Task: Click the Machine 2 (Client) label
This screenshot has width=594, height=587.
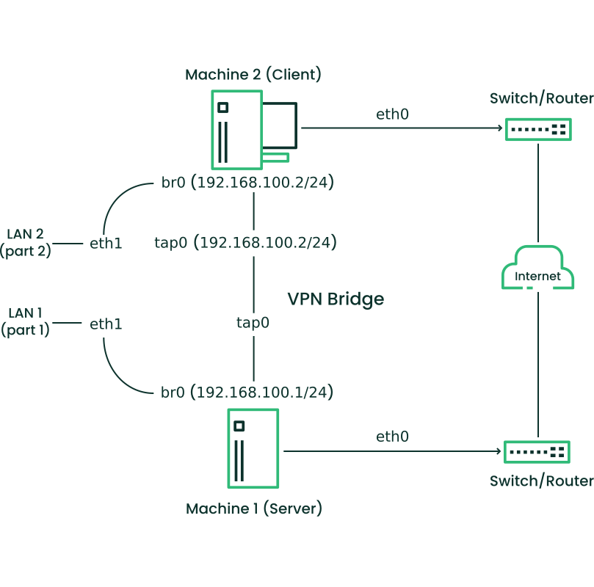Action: pyautogui.click(x=253, y=74)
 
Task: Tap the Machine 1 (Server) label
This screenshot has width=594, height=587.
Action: pyautogui.click(x=254, y=508)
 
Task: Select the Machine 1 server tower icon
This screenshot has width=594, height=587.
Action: pyautogui.click(x=253, y=448)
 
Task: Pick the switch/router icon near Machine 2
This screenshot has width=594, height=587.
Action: pyautogui.click(x=537, y=129)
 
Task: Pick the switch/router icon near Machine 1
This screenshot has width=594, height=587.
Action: pyautogui.click(x=536, y=451)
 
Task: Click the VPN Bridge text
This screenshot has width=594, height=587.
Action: pyautogui.click(x=336, y=299)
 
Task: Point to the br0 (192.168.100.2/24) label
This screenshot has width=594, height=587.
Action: pyautogui.click(x=248, y=182)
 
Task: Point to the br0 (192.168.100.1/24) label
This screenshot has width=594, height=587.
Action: pyautogui.click(x=247, y=393)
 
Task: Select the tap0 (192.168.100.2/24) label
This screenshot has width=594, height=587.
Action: pyautogui.click(x=246, y=242)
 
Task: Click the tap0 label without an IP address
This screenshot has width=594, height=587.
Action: pyautogui.click(x=253, y=322)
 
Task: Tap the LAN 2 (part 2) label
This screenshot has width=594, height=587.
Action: pyautogui.click(x=25, y=242)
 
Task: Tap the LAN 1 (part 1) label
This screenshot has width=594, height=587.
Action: pyautogui.click(x=25, y=322)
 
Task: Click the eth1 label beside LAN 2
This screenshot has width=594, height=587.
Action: pyautogui.click(x=106, y=243)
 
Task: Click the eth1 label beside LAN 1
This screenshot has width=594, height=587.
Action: pyautogui.click(x=106, y=323)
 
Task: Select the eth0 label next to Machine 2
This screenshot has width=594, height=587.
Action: pyautogui.click(x=392, y=114)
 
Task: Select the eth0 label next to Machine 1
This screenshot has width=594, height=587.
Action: pyautogui.click(x=392, y=437)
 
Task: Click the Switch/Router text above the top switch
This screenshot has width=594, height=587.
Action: pyautogui.click(x=541, y=98)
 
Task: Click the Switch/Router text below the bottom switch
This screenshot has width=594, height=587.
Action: pyautogui.click(x=541, y=481)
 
